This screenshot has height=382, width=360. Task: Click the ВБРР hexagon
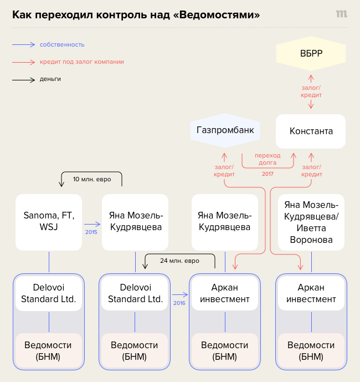(311, 53)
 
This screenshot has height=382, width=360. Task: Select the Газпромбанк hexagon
(225, 130)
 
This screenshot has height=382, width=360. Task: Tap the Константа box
(311, 131)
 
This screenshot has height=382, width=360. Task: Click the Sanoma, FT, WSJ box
(49, 222)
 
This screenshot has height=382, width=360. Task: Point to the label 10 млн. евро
(91, 179)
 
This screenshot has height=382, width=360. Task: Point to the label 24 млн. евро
(180, 260)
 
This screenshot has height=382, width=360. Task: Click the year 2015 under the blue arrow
(91, 232)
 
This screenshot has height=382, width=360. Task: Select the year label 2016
(178, 303)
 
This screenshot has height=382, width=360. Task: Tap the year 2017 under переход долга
(268, 174)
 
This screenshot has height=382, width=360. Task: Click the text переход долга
(268, 159)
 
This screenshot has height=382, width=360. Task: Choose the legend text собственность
(62, 44)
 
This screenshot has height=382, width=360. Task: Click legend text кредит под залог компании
(81, 62)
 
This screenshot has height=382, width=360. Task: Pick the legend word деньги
(50, 79)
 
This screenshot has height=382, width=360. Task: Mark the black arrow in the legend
(23, 79)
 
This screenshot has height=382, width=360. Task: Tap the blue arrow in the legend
(23, 44)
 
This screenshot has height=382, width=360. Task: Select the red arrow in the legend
(23, 62)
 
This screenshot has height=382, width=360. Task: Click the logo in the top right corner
(341, 14)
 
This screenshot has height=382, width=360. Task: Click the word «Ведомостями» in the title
(217, 14)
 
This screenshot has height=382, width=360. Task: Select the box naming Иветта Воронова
(311, 222)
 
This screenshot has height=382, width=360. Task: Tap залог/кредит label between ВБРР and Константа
(311, 91)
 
